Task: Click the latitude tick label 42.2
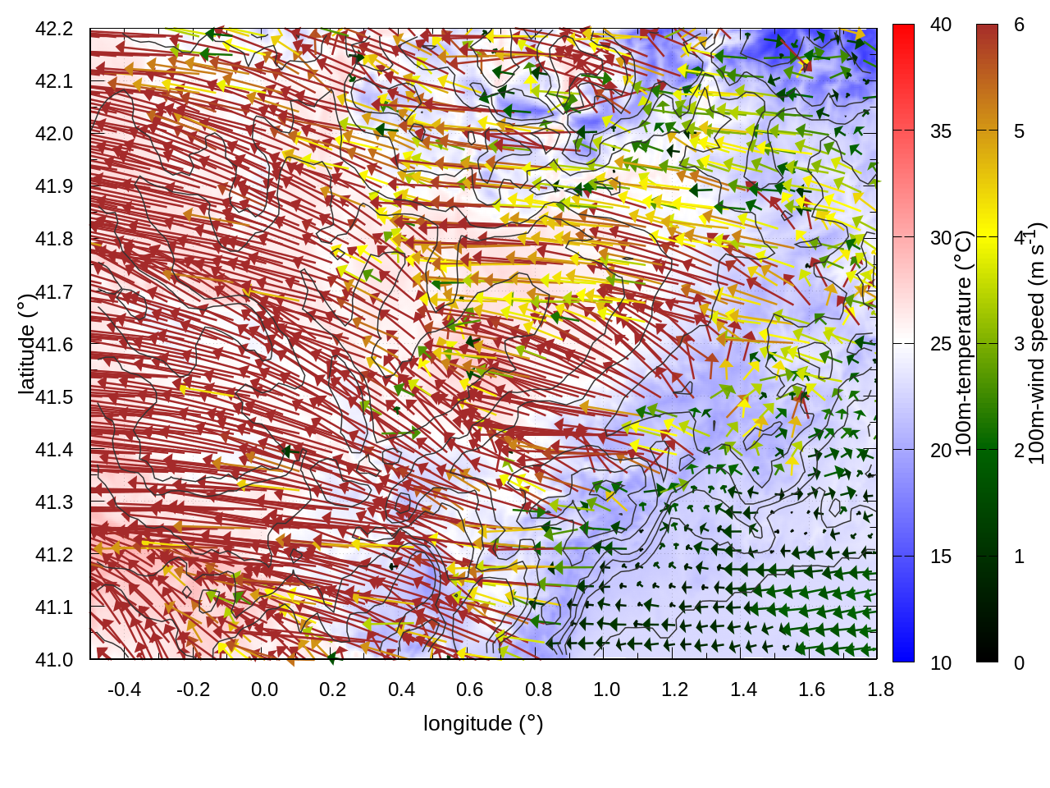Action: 54,30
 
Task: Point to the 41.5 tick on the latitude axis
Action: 54,397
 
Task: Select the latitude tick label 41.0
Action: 54,660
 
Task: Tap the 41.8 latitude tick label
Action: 54,240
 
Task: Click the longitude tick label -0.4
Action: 124,689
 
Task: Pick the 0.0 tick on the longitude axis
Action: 264,689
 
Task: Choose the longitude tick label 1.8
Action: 880,689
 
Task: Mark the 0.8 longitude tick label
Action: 538,689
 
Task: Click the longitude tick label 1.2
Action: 675,689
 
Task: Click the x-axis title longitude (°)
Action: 483,723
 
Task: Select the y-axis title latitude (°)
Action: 26,343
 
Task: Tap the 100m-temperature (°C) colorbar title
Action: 964,343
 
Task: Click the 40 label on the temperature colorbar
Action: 941,25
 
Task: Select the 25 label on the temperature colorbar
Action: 941,344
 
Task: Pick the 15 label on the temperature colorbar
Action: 941,557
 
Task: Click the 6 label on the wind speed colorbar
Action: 1019,25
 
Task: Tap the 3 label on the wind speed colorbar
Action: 1019,344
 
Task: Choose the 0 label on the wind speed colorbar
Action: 1019,662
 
